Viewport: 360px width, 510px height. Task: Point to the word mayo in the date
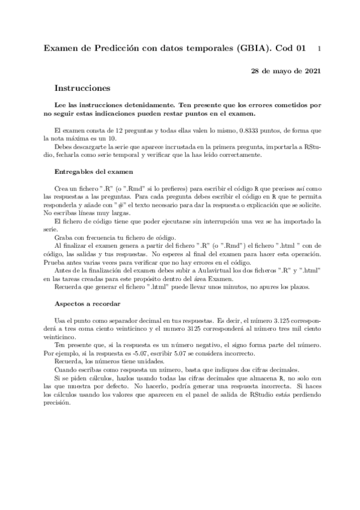pyautogui.click(x=283, y=71)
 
